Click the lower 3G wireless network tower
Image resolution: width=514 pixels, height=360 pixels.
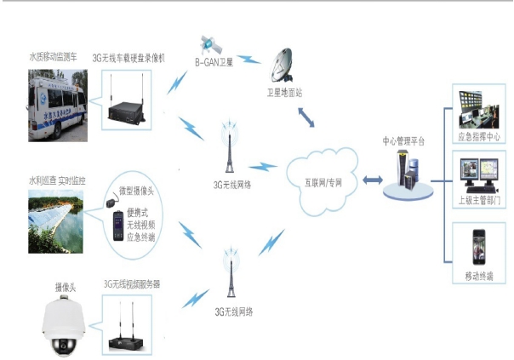[x=228, y=277]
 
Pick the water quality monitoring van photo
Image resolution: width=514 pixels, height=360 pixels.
[x=59, y=100]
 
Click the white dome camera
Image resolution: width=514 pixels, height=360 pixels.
[x=63, y=327]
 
